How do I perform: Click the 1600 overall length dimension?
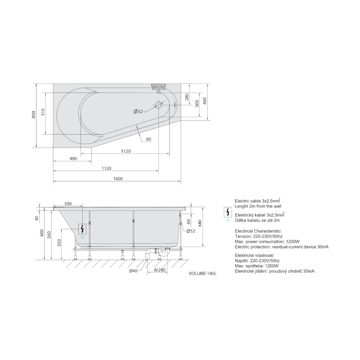point(118,179)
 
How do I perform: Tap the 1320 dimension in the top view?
point(107,168)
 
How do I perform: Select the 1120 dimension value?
point(126,151)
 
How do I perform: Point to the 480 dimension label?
point(73,159)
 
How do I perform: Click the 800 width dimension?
point(34,115)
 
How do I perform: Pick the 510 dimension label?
point(43,112)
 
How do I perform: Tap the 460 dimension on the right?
point(205,101)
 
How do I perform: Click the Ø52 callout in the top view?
point(138,112)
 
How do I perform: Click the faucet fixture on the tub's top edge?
point(158,88)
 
